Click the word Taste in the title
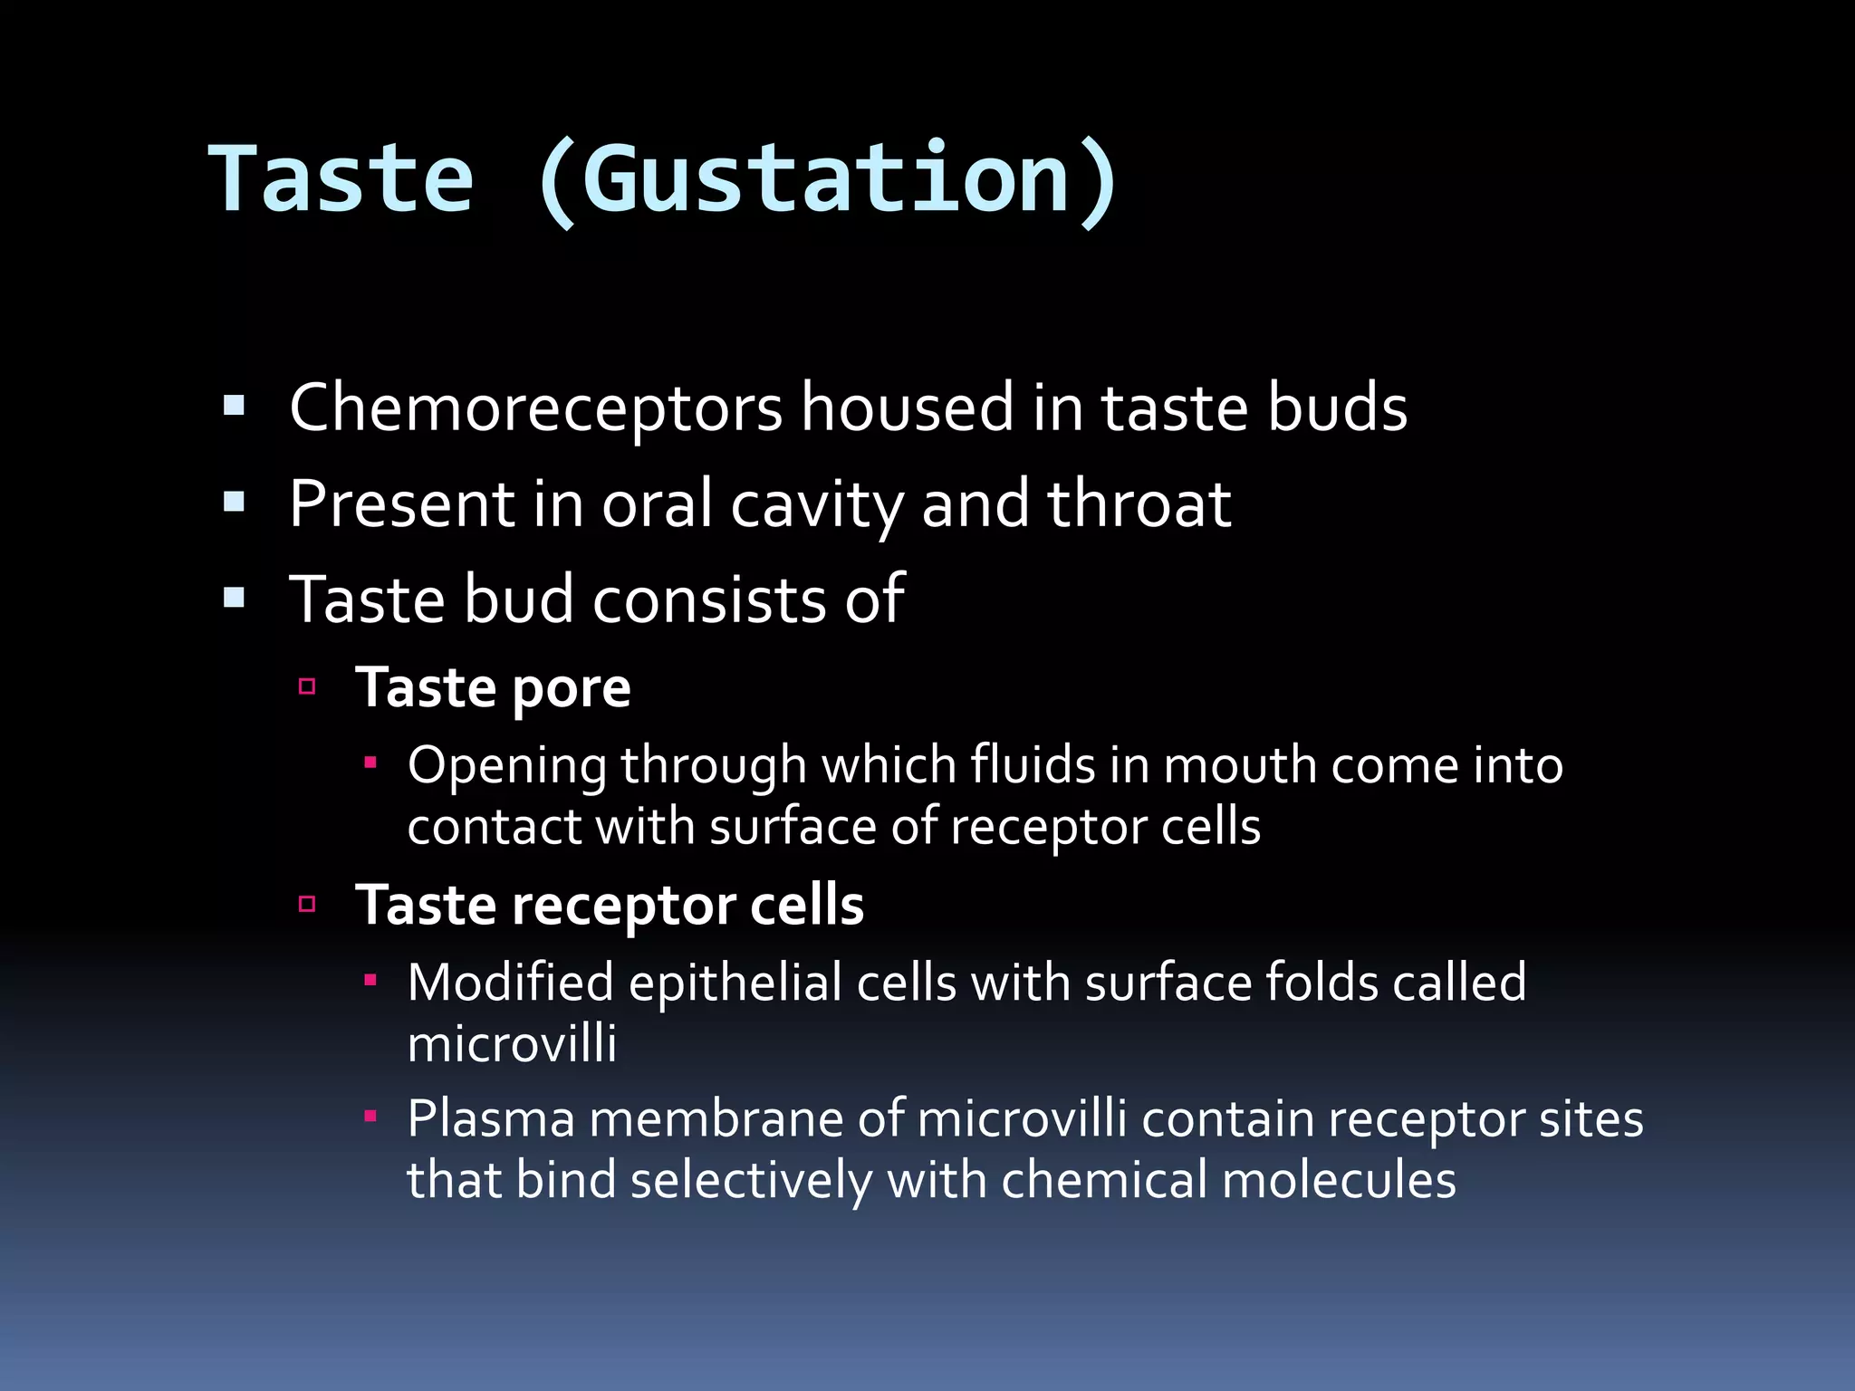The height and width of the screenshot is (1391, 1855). coord(341,180)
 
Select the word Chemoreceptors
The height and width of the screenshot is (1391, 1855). coord(535,408)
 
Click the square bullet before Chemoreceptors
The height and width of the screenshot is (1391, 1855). coord(235,406)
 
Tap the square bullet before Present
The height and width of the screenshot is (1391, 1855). coord(235,502)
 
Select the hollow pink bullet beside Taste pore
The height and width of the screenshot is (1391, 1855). coord(307,686)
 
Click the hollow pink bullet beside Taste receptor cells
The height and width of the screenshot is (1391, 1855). coord(307,904)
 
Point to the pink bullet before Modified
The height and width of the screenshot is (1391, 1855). coord(370,980)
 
